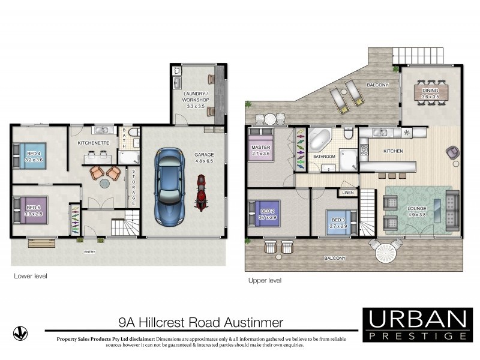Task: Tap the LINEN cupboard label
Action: point(347,193)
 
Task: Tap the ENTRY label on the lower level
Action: point(91,251)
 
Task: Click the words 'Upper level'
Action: point(265,280)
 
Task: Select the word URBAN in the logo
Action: point(417,318)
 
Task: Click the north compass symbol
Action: point(20,331)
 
